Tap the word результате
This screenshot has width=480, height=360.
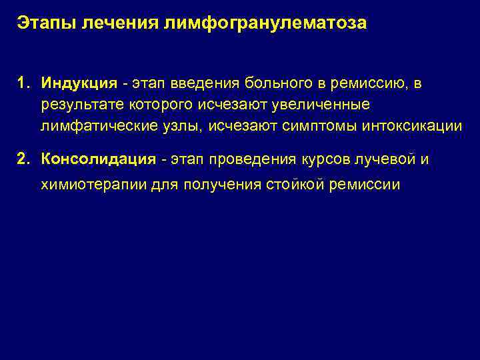click(x=77, y=105)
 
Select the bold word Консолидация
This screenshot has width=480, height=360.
click(x=98, y=159)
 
